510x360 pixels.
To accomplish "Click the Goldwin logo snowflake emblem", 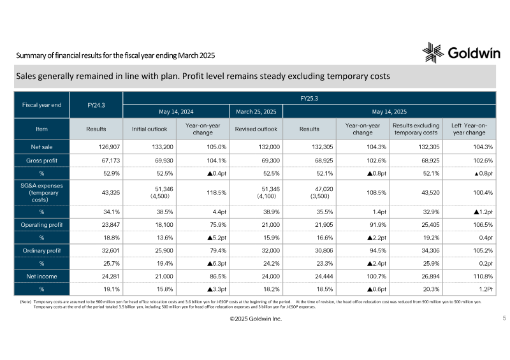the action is (433, 53).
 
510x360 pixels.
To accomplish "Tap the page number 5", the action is (504, 318).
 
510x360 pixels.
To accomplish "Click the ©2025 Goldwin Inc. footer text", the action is (256, 319).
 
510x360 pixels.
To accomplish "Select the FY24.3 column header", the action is (96, 105).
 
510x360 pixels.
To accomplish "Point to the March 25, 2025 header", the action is (256, 112).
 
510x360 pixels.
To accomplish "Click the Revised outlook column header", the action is (256, 129).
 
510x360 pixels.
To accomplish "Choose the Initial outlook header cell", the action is (149, 129).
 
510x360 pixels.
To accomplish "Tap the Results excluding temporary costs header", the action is (416, 129).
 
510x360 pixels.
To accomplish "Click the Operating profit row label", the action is (41, 225).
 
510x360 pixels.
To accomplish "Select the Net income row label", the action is (41, 277).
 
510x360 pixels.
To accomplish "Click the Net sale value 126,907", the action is (109, 147).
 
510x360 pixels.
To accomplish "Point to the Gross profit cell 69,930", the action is (163, 161).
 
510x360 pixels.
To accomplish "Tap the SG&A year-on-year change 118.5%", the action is (216, 192).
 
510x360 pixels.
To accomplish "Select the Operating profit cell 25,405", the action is (430, 225).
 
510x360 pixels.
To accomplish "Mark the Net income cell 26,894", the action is (430, 277).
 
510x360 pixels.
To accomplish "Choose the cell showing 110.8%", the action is (483, 277).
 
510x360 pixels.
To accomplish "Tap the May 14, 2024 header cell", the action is (176, 112).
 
